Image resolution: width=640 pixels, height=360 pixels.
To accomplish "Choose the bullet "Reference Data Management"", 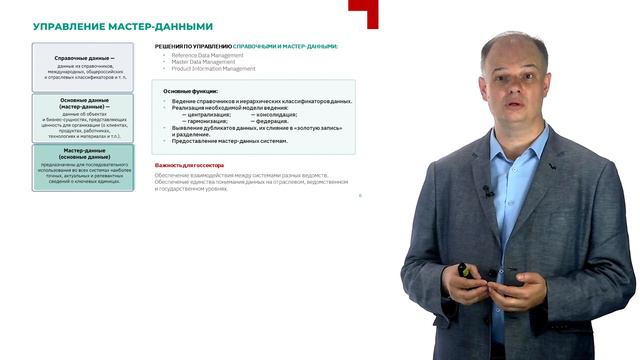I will (208, 54).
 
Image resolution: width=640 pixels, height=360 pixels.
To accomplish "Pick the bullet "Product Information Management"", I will (212, 68).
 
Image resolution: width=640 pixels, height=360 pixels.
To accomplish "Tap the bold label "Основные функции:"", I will (189, 91).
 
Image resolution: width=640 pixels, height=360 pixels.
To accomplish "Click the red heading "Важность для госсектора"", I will (189, 164).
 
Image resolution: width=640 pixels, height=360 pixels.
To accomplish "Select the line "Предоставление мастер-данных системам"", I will (232, 141).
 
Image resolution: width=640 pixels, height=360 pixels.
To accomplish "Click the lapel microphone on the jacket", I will (487, 190).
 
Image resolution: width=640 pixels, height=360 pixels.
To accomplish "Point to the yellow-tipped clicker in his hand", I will (462, 269).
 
